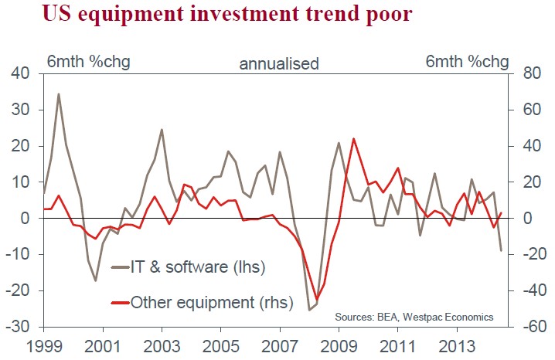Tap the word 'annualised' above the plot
coord(278,64)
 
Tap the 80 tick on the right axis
coord(531,74)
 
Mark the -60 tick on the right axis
coord(531,327)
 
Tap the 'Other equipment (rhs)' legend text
coord(213,304)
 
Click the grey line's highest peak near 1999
coord(59,94)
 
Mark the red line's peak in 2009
coord(353,139)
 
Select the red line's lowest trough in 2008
coord(317,300)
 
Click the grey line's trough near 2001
coord(96,280)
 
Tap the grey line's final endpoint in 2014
coord(501,250)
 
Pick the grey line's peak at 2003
coord(162,130)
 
